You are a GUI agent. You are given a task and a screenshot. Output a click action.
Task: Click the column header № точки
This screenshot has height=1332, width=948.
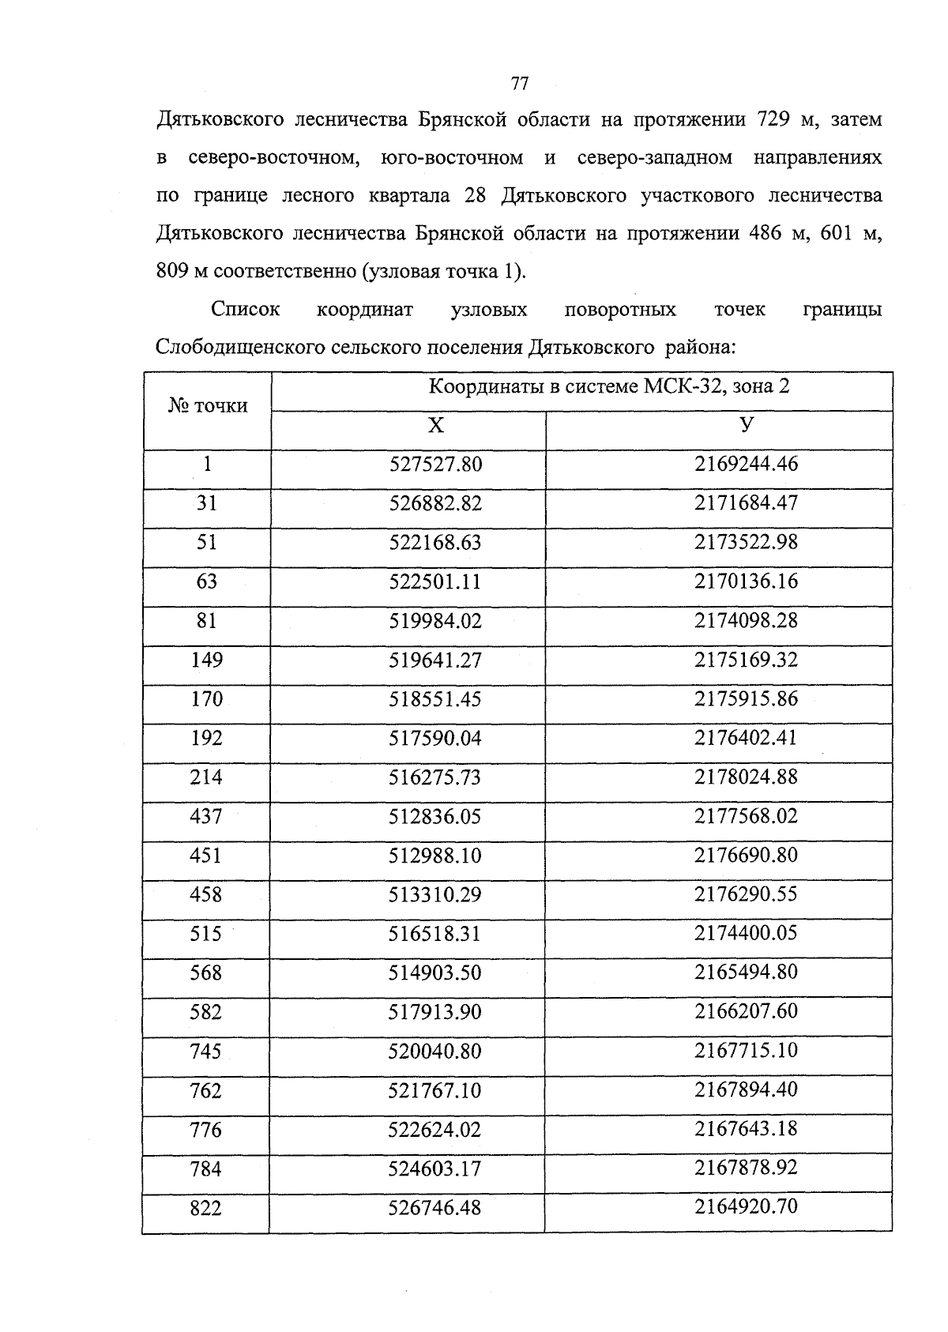point(208,406)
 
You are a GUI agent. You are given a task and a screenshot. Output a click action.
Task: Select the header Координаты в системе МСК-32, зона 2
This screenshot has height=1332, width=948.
point(608,386)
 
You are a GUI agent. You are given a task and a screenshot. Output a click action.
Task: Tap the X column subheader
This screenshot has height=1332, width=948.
point(435,427)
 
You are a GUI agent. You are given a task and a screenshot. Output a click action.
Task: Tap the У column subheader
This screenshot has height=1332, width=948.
point(746,424)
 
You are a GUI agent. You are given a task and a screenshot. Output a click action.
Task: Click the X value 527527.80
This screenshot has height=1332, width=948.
point(435,464)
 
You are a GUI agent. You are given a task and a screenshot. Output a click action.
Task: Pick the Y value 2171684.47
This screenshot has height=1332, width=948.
point(746,502)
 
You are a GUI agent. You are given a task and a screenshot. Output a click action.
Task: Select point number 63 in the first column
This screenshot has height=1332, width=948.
point(206,581)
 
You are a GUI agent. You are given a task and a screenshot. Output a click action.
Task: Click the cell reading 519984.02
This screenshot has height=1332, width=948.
point(435,621)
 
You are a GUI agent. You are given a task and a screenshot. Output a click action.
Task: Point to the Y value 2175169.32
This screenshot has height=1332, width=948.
point(746,660)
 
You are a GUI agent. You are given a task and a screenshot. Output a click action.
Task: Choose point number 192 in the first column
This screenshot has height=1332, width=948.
point(206,738)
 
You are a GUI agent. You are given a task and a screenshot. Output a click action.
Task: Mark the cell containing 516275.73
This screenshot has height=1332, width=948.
point(435,777)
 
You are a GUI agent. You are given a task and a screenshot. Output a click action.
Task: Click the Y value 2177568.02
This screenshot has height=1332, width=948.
point(746,815)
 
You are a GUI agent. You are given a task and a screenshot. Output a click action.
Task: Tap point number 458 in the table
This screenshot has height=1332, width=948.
point(206,894)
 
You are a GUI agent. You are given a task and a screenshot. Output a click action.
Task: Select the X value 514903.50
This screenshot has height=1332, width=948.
point(435,973)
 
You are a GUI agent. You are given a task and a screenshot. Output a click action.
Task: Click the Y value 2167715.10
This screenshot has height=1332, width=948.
point(746,1051)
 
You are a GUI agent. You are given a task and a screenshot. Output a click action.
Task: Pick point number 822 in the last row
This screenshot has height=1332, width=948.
point(206,1208)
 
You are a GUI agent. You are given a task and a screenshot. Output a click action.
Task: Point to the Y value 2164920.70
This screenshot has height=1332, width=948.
point(746,1206)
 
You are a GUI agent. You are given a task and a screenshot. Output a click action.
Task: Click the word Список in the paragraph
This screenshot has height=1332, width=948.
point(246,310)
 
